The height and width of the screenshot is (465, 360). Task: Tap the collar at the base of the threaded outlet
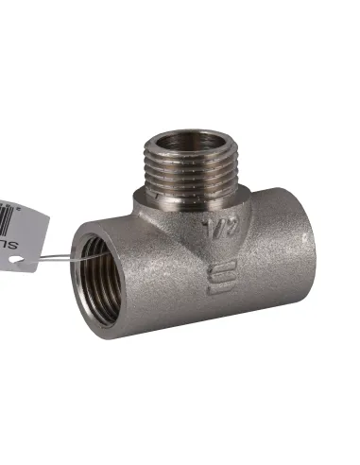pyautogui.click(x=189, y=201)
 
